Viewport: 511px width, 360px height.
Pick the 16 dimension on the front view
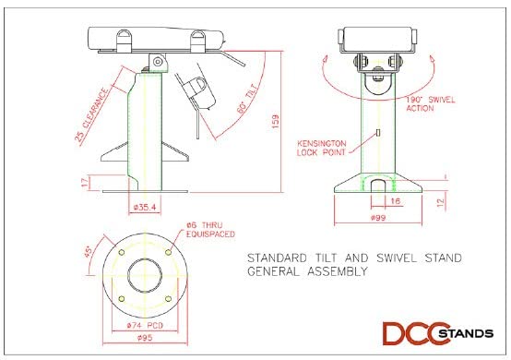[x=394, y=199]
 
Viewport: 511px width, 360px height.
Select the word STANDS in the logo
[x=462, y=332]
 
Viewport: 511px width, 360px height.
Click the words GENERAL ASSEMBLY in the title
[x=308, y=272]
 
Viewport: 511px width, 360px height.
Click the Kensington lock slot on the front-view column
[x=379, y=135]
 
